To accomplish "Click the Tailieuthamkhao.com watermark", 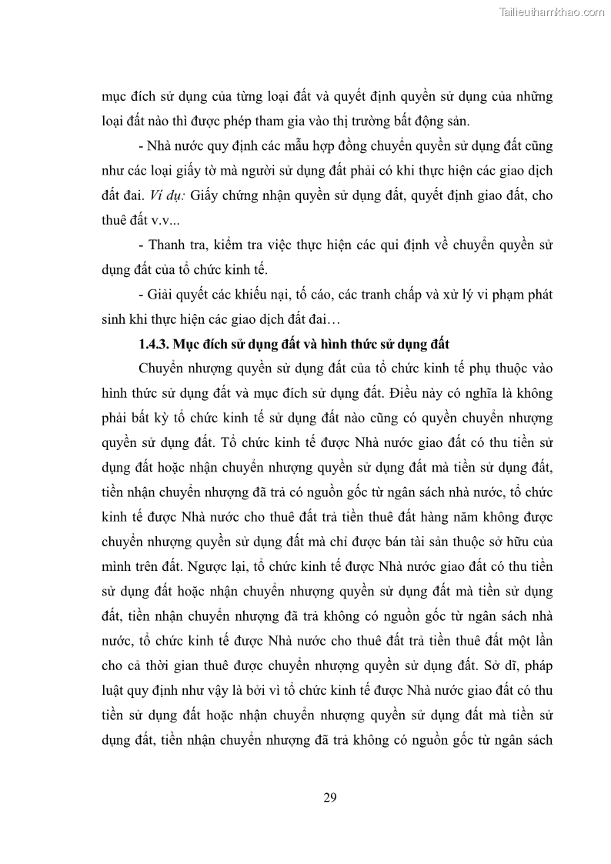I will [x=552, y=12].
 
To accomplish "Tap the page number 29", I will [x=330, y=796].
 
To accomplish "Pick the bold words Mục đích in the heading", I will [x=202, y=344].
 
